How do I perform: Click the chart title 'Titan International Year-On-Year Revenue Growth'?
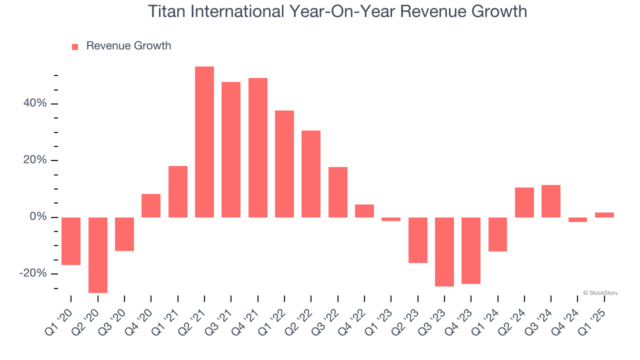click(x=337, y=11)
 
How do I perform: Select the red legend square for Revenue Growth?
click(x=75, y=46)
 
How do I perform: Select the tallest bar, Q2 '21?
click(x=204, y=142)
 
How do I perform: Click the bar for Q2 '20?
click(x=98, y=255)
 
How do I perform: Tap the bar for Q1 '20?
click(x=71, y=241)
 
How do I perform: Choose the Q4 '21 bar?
click(x=258, y=147)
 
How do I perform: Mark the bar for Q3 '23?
click(x=444, y=252)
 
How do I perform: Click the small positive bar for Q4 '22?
click(x=364, y=211)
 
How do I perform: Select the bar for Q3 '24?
click(x=551, y=201)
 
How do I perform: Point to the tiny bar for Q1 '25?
click(x=604, y=215)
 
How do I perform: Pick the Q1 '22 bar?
click(x=284, y=164)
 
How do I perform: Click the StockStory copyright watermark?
click(x=600, y=293)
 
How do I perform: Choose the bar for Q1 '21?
click(x=178, y=191)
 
